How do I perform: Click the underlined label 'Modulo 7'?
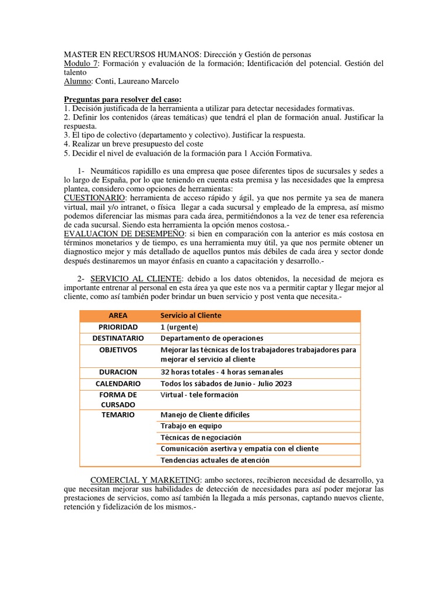click(x=81, y=63)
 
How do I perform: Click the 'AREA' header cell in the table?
click(x=118, y=315)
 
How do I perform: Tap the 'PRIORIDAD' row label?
click(x=118, y=327)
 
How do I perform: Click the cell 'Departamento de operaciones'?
click(x=212, y=338)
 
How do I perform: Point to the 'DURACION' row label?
click(x=118, y=372)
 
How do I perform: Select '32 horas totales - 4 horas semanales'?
click(x=222, y=372)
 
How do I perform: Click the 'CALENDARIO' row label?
click(x=118, y=384)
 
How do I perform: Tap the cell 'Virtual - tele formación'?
click(x=199, y=395)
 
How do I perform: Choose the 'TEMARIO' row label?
click(x=118, y=415)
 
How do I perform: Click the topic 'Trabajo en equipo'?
click(x=191, y=426)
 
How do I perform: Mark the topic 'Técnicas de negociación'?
click(x=201, y=437)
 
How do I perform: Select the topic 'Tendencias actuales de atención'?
click(x=215, y=461)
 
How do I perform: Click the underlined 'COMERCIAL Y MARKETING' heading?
click(x=145, y=479)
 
